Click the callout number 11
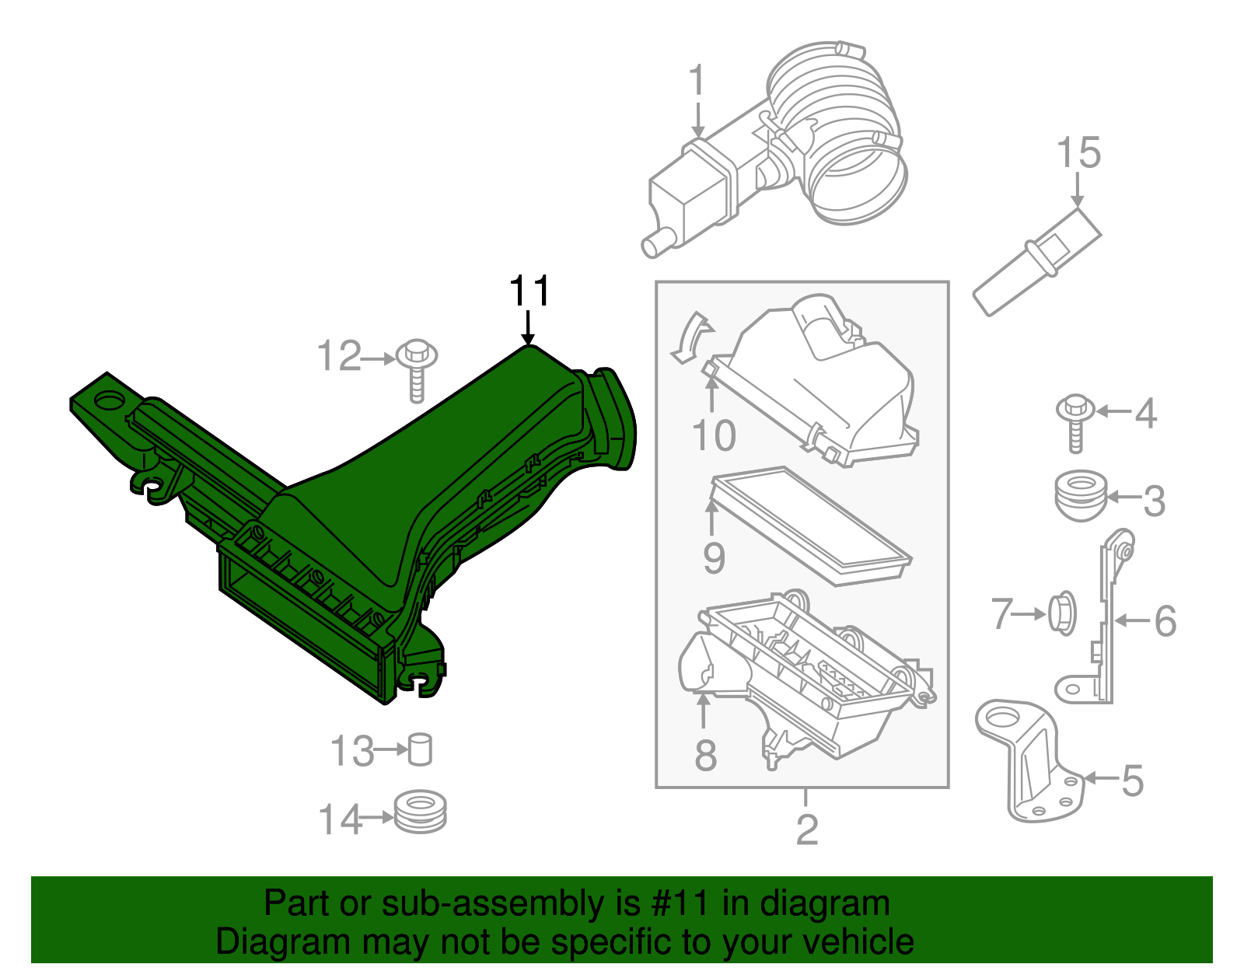pyautogui.click(x=529, y=292)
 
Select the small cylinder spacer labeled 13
pyautogui.click(x=420, y=749)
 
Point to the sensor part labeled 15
pyautogui.click(x=1036, y=261)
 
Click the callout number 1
pyautogui.click(x=697, y=81)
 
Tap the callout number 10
pyautogui.click(x=713, y=435)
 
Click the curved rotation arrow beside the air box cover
pyautogui.click(x=690, y=338)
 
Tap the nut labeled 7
pyautogui.click(x=1062, y=613)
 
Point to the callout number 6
pyautogui.click(x=1165, y=620)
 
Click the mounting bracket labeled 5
pyautogui.click(x=1030, y=758)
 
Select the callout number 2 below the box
pyautogui.click(x=806, y=830)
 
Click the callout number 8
pyautogui.click(x=705, y=754)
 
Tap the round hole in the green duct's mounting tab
pyautogui.click(x=108, y=403)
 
